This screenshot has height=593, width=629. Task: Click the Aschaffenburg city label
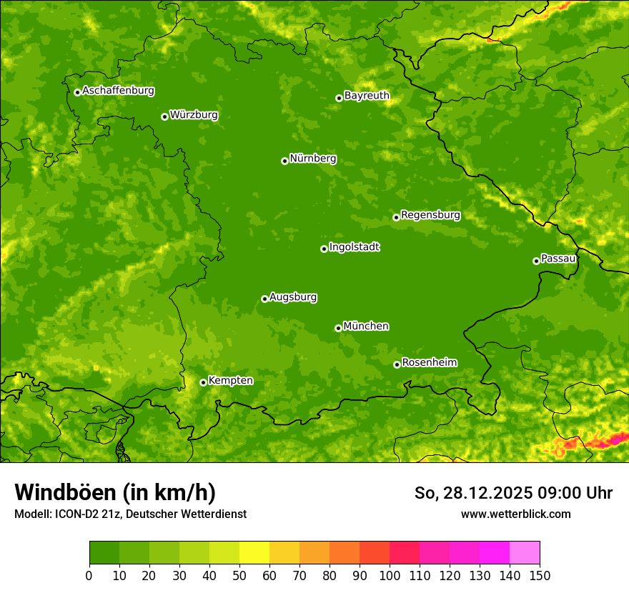pyautogui.click(x=118, y=91)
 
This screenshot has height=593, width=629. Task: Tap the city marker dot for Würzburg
pyautogui.click(x=164, y=116)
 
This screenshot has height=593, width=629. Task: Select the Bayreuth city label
pyautogui.click(x=367, y=96)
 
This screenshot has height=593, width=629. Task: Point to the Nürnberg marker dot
pyautogui.click(x=284, y=161)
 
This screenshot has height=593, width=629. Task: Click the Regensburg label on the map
pyautogui.click(x=430, y=215)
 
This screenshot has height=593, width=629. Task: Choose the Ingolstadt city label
pyautogui.click(x=354, y=247)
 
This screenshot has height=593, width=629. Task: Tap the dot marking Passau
pyautogui.click(x=536, y=261)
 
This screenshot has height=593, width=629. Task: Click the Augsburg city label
pyautogui.click(x=293, y=297)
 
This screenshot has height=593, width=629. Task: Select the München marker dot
pyautogui.click(x=338, y=328)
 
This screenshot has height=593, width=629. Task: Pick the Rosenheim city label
pyautogui.click(x=429, y=363)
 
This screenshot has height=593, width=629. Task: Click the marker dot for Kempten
pyautogui.click(x=203, y=382)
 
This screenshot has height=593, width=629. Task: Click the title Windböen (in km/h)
pyautogui.click(x=115, y=492)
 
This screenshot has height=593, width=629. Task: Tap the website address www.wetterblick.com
pyautogui.click(x=515, y=514)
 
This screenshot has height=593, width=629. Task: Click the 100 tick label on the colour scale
pyautogui.click(x=390, y=576)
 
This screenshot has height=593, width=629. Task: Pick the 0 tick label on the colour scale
pyautogui.click(x=89, y=576)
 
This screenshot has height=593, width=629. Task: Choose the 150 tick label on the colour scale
pyautogui.click(x=540, y=576)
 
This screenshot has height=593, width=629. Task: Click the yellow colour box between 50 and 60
pyautogui.click(x=254, y=553)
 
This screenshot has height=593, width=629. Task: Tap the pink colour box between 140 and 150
pyautogui.click(x=525, y=553)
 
